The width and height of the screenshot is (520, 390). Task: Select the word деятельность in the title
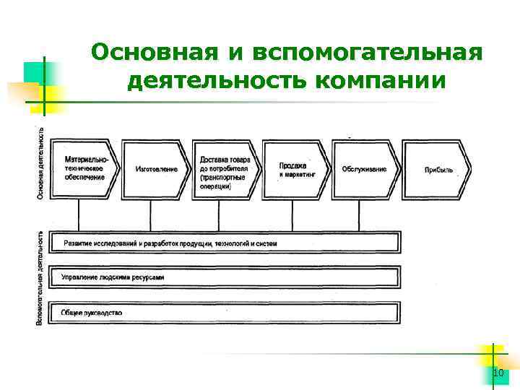point(216,81)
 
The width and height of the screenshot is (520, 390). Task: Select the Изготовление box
point(155,169)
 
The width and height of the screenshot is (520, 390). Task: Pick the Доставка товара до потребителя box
point(225,169)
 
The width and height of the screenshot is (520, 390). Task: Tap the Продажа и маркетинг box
point(295,169)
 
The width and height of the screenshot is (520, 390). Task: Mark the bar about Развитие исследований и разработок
point(224,243)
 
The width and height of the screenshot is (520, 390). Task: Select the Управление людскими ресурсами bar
point(224,277)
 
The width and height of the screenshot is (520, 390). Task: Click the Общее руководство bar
point(224,313)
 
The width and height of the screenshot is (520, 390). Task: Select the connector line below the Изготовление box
point(150,216)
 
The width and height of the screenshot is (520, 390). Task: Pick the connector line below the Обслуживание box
point(360,216)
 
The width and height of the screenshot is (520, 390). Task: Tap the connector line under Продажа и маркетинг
point(292,216)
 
